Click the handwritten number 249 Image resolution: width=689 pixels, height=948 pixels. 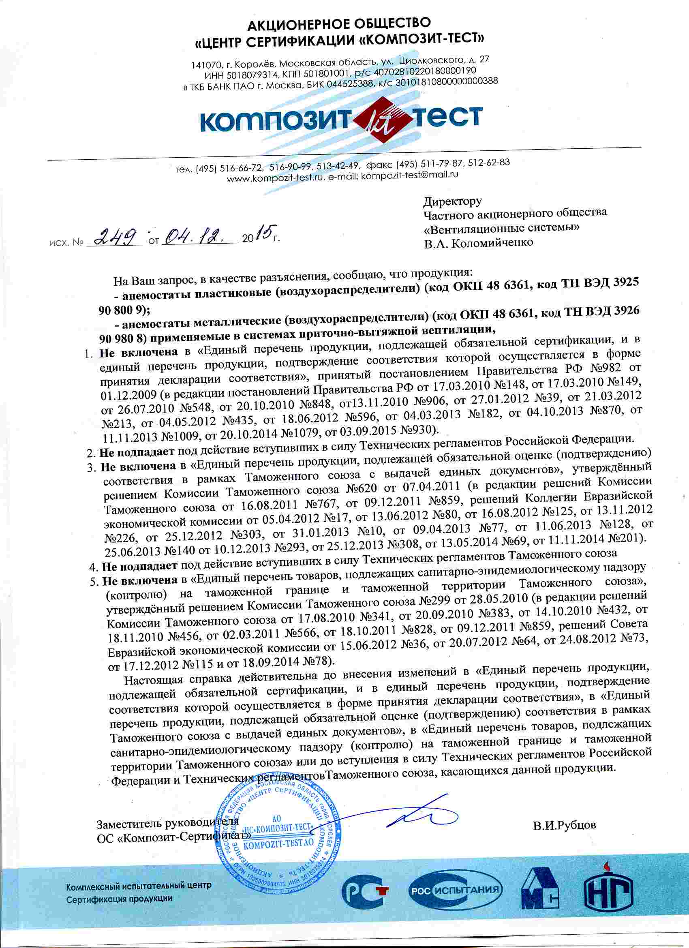pyautogui.click(x=118, y=238)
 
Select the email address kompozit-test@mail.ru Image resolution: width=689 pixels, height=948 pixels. pyautogui.click(x=410, y=175)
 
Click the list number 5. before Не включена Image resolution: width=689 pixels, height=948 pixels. pyautogui.click(x=94, y=581)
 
